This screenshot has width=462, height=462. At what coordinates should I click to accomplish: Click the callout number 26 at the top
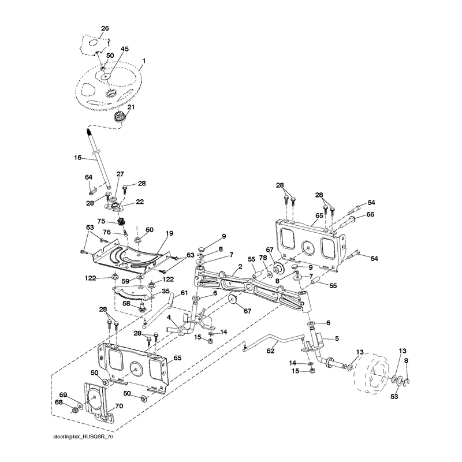(105, 28)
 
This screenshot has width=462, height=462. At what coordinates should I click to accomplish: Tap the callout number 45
(125, 49)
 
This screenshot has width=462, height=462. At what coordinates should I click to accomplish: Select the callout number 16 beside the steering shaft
(77, 158)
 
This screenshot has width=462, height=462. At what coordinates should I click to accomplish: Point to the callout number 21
(131, 107)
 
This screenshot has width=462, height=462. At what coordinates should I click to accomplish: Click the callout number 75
(101, 221)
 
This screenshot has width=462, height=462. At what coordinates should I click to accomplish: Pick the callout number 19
(169, 234)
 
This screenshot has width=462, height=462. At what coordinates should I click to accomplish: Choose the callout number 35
(166, 291)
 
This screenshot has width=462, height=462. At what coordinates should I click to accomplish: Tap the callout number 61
(184, 293)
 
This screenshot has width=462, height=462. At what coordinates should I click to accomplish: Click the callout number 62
(270, 351)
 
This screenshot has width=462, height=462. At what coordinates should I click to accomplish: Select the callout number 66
(370, 214)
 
